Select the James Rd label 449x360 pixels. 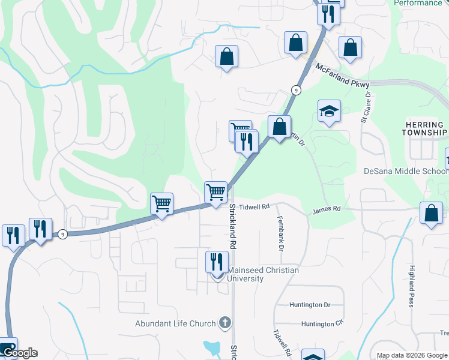point(327,209)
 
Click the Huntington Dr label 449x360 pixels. point(310,305)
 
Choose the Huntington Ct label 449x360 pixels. point(322,324)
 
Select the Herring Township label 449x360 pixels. point(426,128)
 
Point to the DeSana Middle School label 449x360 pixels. point(406,171)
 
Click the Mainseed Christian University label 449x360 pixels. point(263,275)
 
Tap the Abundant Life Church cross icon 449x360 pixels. point(224,323)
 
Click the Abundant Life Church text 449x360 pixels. point(175,324)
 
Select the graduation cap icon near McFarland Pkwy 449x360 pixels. point(329,111)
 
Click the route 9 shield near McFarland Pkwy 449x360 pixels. point(296,90)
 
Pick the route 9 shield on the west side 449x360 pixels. point(62,234)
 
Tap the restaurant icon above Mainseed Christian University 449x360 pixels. point(217,262)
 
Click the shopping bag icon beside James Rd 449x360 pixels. point(431,214)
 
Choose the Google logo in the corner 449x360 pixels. point(19,353)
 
